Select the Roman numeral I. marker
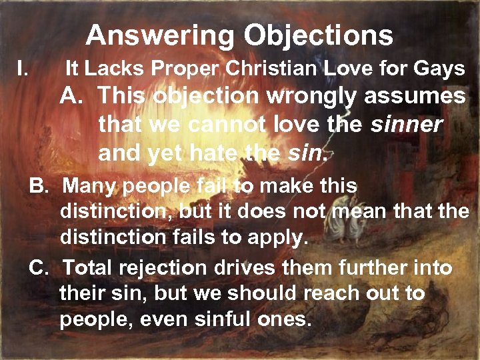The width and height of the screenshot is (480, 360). coord(22,67)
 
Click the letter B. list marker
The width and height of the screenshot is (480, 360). coord(41,186)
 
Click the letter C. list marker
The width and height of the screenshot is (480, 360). coord(41,269)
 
